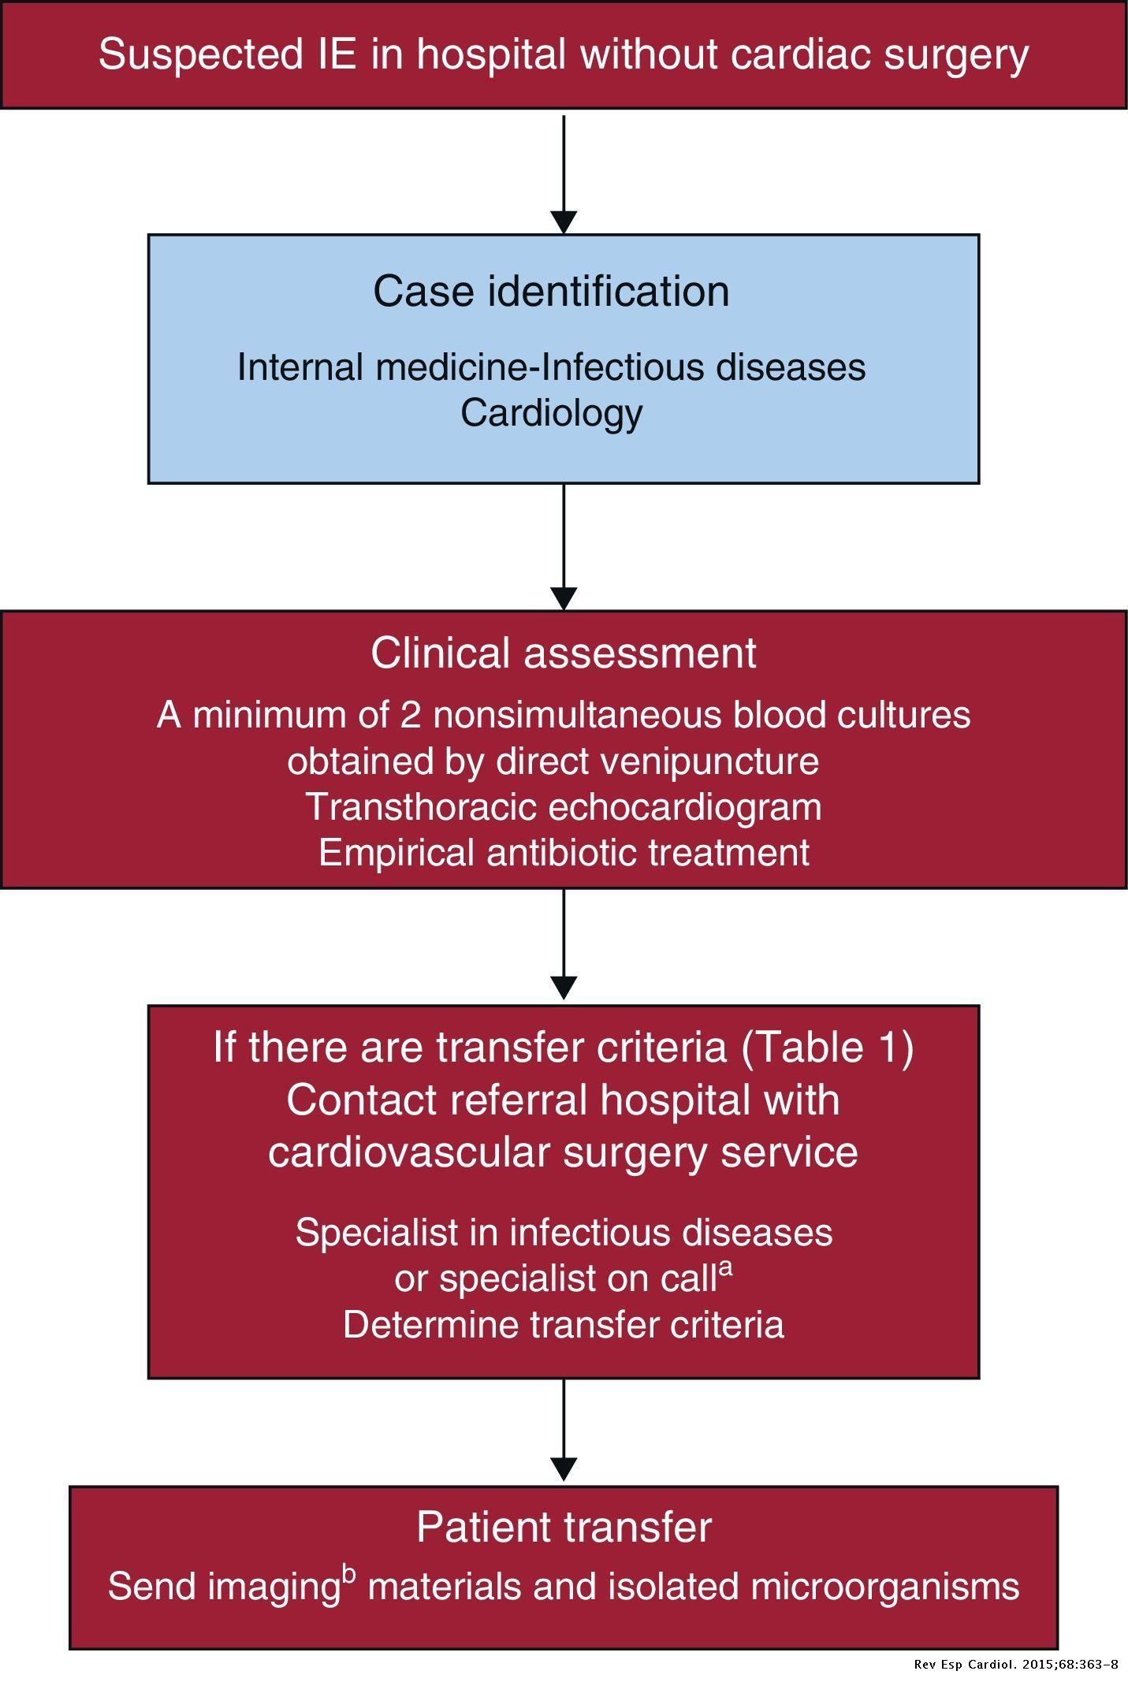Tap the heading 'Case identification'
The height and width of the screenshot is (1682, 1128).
tap(551, 291)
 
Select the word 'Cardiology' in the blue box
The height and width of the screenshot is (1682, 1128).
tap(551, 414)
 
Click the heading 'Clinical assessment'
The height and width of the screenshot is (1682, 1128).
tap(564, 653)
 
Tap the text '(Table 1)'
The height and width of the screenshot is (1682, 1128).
tap(827, 1048)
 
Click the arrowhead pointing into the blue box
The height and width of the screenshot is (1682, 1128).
tap(564, 222)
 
